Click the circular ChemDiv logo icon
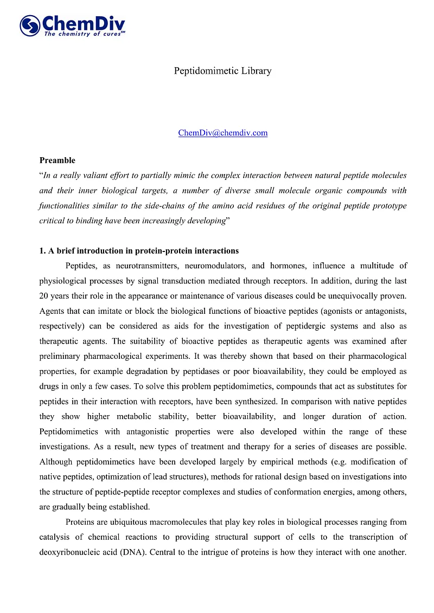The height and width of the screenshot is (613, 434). pos(30,25)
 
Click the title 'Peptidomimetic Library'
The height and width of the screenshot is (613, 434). pos(222,71)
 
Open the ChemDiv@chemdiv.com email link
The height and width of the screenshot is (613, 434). pos(222,133)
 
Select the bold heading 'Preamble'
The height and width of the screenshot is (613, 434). pos(58,160)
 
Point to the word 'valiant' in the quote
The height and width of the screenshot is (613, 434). pos(108,176)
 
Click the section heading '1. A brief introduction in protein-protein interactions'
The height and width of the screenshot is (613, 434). pos(139,251)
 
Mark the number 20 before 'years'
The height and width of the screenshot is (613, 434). pos(44,296)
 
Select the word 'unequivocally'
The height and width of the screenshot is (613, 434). pos(353,296)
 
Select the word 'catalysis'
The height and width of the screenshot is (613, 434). pos(54,537)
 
